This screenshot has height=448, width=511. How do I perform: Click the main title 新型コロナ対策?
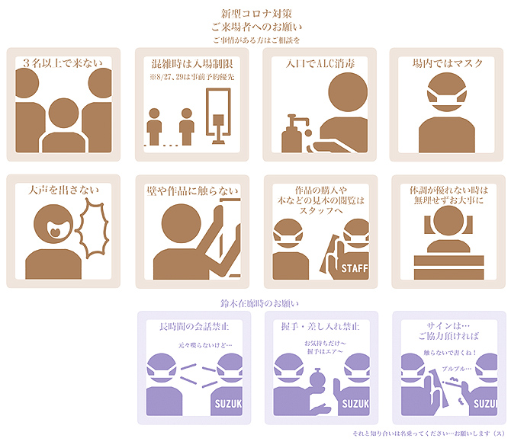pyautogui.click(x=256, y=14)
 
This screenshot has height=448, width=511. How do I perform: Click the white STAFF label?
pyautogui.click(x=355, y=268)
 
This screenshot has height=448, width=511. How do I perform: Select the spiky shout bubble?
pyautogui.click(x=92, y=229)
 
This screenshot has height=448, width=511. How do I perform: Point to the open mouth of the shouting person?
pyautogui.click(x=55, y=229)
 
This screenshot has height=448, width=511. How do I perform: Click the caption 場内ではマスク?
pyautogui.click(x=447, y=63)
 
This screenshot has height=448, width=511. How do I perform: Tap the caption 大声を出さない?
pyautogui.click(x=63, y=190)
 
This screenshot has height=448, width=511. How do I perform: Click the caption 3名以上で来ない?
pyautogui.click(x=63, y=62)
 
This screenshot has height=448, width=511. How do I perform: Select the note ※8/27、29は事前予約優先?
pyautogui.click(x=192, y=77)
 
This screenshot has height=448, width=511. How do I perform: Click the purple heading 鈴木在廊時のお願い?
pyautogui.click(x=259, y=303)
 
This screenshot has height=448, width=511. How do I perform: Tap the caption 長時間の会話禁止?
pyautogui.click(x=194, y=326)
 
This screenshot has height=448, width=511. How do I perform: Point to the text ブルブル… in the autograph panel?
pyautogui.click(x=457, y=369)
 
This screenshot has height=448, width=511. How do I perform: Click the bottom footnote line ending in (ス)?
pyautogui.click(x=429, y=434)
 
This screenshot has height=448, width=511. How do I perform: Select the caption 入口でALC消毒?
pyautogui.click(x=320, y=63)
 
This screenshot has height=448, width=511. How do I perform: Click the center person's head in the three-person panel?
pyautogui.click(x=63, y=113)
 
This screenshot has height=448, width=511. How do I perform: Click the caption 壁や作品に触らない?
pyautogui.click(x=193, y=190)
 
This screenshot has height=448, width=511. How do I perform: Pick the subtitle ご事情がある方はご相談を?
pyautogui.click(x=256, y=40)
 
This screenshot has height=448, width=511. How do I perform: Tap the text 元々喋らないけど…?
pyautogui.click(x=205, y=345)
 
